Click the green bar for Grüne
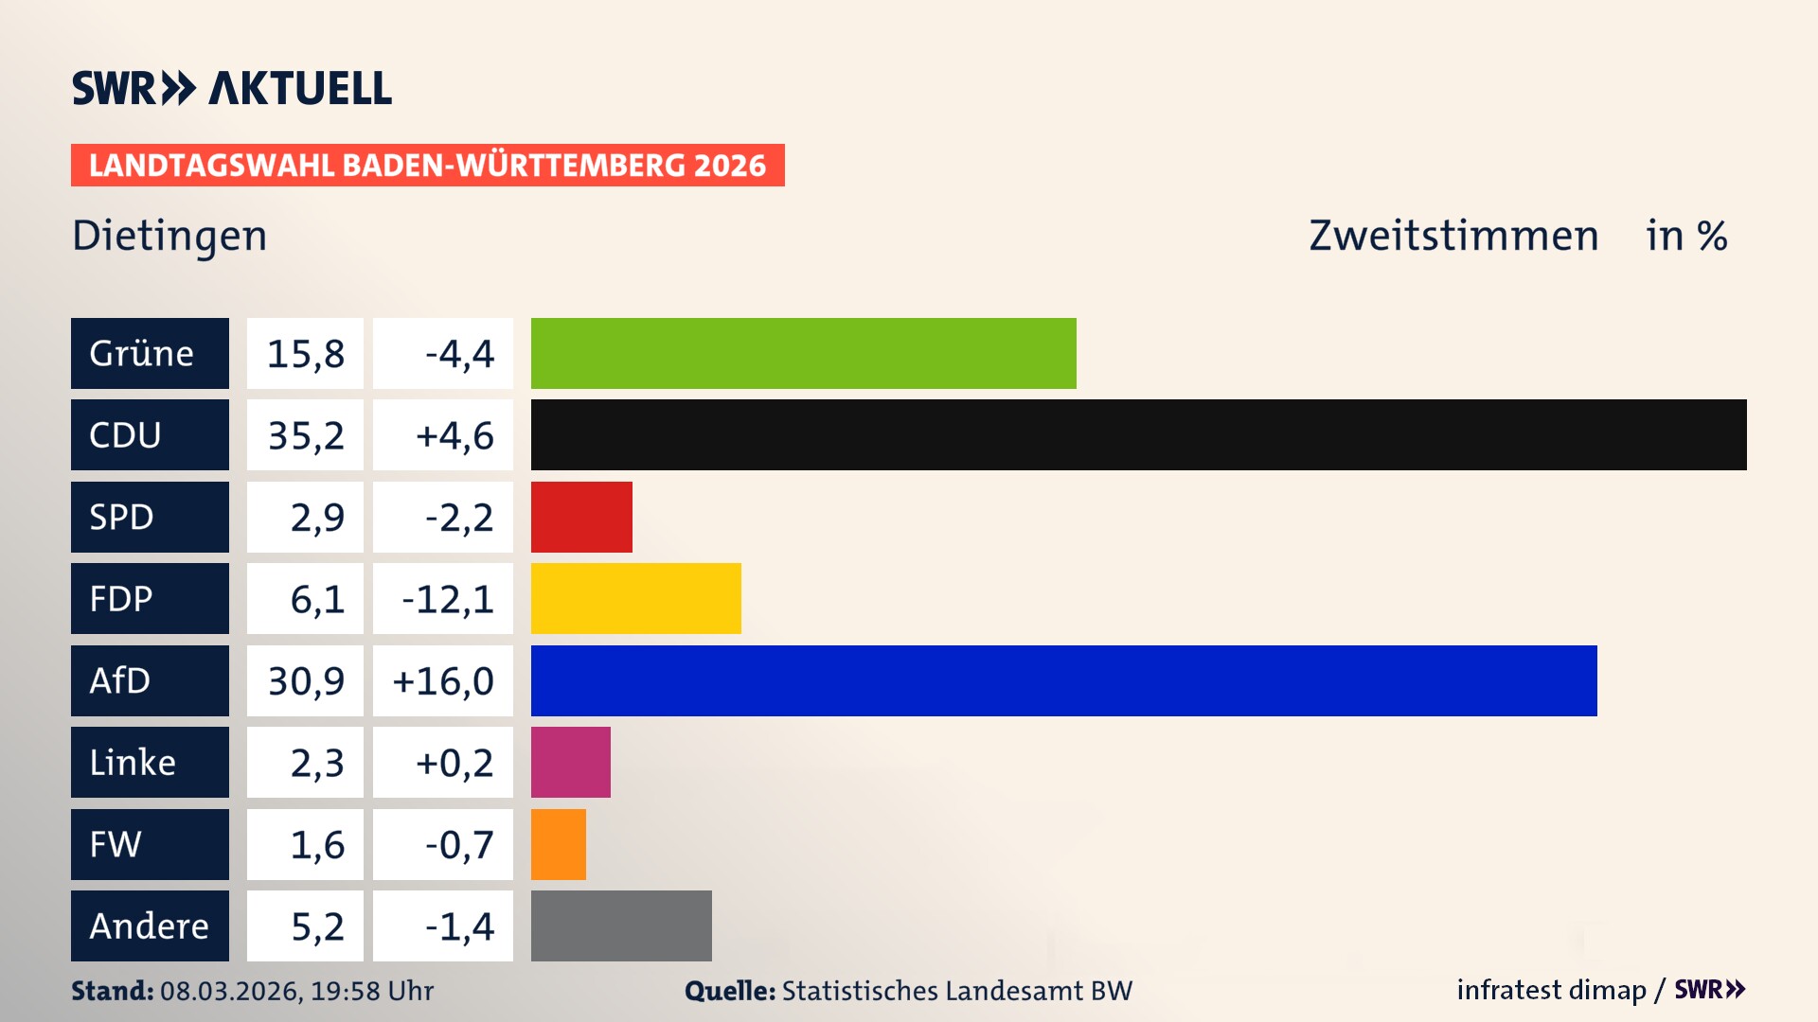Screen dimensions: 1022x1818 click(x=803, y=353)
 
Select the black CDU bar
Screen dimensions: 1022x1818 click(x=1138, y=435)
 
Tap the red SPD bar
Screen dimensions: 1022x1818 click(x=581, y=517)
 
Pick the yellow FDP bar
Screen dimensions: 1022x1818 click(x=635, y=598)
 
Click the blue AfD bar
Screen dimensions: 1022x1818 click(x=1063, y=680)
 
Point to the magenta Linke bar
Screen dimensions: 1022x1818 click(x=570, y=762)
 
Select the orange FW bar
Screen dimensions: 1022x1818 click(x=558, y=844)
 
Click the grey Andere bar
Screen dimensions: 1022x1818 click(x=621, y=925)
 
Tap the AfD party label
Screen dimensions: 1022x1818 click(x=150, y=680)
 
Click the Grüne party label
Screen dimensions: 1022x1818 click(x=150, y=353)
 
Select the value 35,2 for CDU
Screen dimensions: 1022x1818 click(x=305, y=435)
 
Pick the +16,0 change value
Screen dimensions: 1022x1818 click(x=443, y=680)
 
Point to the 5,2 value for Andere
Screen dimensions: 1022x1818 click(x=316, y=925)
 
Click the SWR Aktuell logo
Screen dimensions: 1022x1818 click(x=232, y=88)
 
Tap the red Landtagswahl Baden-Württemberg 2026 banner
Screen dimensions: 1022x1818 click(x=427, y=165)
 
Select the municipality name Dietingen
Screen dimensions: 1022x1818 click(x=169, y=236)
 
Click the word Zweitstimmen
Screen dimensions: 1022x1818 click(x=1453, y=236)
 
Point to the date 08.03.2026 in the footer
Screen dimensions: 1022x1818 click(x=230, y=991)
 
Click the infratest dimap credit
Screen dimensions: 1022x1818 click(x=1551, y=990)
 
